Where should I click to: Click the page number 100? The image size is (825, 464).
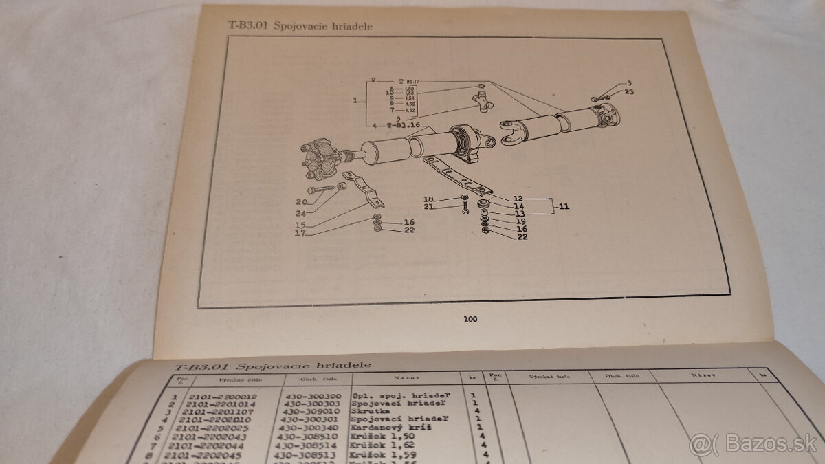470,318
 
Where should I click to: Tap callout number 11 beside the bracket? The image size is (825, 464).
564,206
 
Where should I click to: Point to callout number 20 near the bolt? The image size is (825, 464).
301,202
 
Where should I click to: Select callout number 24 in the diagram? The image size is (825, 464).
301,212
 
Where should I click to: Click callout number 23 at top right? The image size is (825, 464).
629,92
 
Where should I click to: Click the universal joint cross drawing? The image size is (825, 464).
481,102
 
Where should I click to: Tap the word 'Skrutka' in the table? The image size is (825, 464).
371,416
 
